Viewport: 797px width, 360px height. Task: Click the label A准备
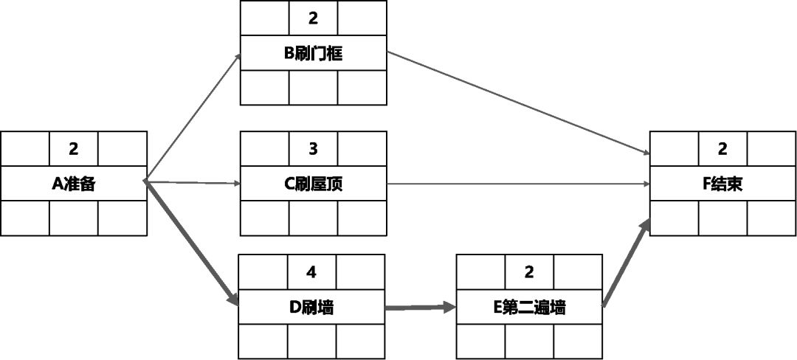pos(74,184)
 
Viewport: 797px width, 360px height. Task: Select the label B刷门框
pos(313,54)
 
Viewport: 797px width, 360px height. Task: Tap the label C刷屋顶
pos(313,184)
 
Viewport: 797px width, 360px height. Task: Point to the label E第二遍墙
pos(528,307)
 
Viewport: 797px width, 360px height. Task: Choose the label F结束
pos(722,184)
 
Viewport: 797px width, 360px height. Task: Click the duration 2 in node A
pos(74,149)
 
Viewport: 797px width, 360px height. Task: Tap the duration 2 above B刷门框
pos(313,18)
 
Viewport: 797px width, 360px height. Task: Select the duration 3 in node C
pos(313,149)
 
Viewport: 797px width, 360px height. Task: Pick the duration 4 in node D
pos(311,272)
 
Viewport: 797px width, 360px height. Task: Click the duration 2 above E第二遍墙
pos(528,272)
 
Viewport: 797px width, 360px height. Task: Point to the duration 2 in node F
pos(722,149)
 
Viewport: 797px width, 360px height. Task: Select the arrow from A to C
pos(193,181)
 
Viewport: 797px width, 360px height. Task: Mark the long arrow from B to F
pos(517,103)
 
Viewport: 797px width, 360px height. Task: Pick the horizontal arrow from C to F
pos(517,184)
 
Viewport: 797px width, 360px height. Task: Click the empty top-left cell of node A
pos(25,149)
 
